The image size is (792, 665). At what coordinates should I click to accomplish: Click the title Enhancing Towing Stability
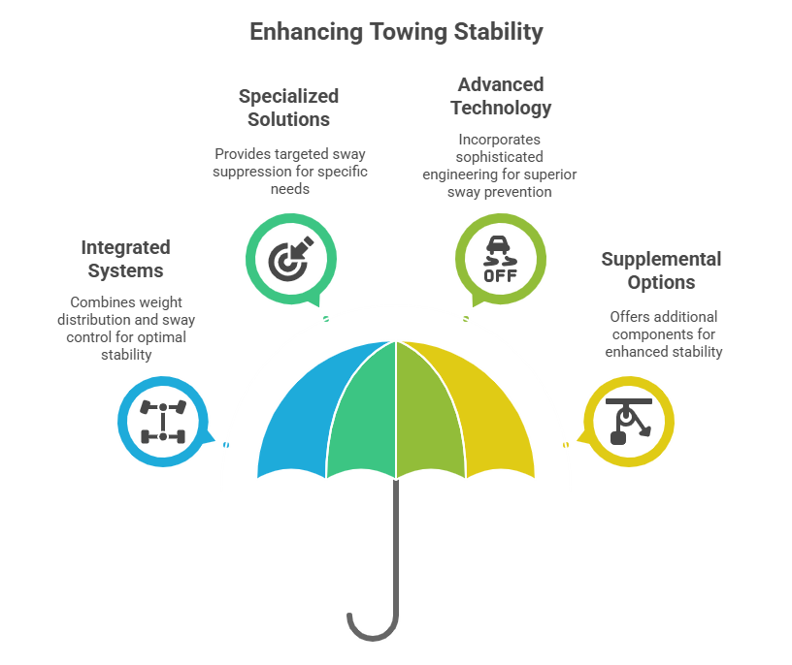[x=396, y=32]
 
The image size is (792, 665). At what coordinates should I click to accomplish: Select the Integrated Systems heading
[x=126, y=259]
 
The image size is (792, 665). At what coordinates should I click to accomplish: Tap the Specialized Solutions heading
[x=288, y=108]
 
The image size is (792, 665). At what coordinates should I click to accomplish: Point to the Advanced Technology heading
[x=501, y=96]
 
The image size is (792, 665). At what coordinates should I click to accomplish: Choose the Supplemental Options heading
[x=661, y=270]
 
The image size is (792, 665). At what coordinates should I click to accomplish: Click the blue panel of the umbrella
[x=298, y=414]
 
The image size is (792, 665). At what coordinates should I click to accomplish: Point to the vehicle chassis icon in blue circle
[x=163, y=422]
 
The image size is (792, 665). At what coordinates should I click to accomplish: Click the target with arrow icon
[x=291, y=259]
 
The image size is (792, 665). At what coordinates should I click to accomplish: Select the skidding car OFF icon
[x=501, y=259]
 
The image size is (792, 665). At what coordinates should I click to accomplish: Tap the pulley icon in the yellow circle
[x=629, y=422]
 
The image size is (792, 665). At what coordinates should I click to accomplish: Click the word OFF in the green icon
[x=501, y=275]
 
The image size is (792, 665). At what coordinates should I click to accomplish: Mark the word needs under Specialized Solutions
[x=290, y=189]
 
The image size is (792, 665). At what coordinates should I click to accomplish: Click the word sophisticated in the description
[x=500, y=157]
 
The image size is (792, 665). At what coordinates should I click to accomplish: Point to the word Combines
[x=98, y=302]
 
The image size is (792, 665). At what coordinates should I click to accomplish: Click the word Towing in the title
[x=409, y=32]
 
